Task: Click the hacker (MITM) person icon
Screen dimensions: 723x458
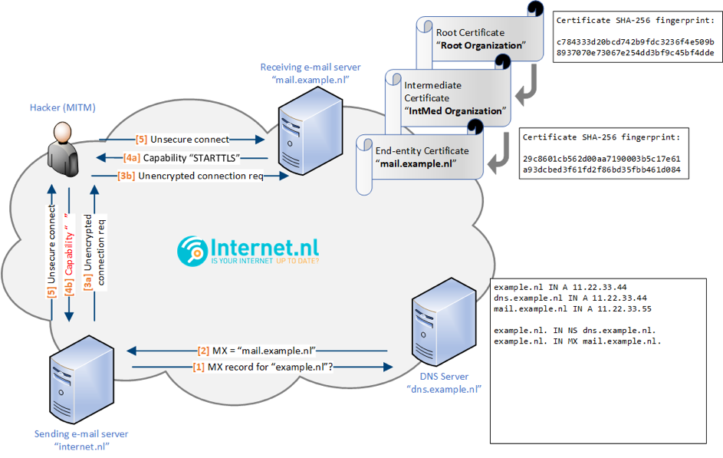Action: coord(63,149)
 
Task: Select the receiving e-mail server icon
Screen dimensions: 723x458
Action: coord(311,131)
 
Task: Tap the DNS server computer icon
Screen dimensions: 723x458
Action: coord(444,322)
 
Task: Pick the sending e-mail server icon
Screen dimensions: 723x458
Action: coord(81,379)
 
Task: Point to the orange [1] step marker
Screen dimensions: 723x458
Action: coord(199,367)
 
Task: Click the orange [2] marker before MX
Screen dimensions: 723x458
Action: coord(203,351)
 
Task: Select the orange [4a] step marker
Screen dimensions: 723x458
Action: coord(132,158)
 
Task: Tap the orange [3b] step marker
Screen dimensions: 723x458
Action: coord(127,176)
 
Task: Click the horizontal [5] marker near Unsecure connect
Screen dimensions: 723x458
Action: coord(142,140)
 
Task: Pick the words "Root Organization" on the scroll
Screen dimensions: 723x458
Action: coord(481,45)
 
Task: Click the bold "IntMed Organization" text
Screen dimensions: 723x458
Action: coord(455,110)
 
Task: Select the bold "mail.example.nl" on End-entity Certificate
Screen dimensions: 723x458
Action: coord(416,163)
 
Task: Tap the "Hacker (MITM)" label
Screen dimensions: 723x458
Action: coord(63,107)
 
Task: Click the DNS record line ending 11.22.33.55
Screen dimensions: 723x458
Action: coord(573,309)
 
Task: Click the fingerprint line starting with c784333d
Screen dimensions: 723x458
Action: coord(635,41)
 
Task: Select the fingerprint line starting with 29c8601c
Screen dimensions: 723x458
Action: coord(601,159)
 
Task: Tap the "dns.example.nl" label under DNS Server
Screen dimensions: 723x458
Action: coord(444,389)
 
